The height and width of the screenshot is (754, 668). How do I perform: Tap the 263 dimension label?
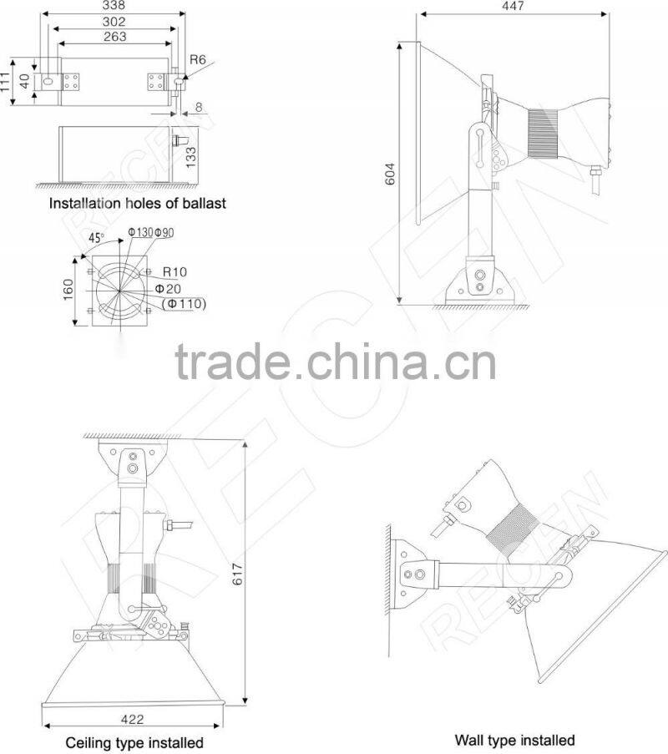pyautogui.click(x=115, y=37)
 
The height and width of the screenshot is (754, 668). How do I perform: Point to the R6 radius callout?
pyautogui.click(x=198, y=59)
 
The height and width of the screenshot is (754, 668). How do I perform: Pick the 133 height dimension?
pyautogui.click(x=191, y=158)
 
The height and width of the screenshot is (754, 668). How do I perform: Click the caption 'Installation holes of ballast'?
pyautogui.click(x=138, y=203)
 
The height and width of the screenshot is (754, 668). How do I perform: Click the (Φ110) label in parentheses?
pyautogui.click(x=182, y=303)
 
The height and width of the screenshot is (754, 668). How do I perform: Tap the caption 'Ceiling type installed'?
pyautogui.click(x=134, y=742)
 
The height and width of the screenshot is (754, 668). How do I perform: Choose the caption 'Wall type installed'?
pyautogui.click(x=514, y=740)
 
